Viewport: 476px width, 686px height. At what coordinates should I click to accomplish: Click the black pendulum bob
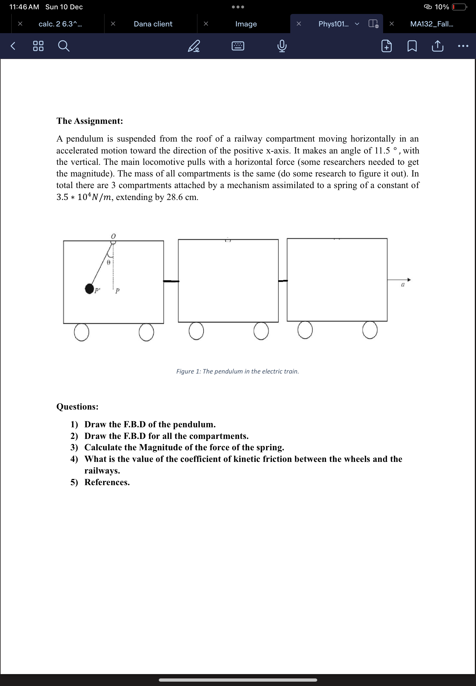[89, 289]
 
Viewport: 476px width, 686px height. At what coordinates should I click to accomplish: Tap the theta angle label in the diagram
[109, 262]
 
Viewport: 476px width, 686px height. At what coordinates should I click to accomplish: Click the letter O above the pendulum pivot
[113, 236]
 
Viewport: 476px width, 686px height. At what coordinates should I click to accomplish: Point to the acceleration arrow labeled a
[399, 280]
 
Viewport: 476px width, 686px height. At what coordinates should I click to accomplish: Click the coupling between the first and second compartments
[171, 281]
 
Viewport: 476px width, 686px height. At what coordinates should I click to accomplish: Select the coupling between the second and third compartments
[283, 281]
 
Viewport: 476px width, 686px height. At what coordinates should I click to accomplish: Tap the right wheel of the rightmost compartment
[370, 330]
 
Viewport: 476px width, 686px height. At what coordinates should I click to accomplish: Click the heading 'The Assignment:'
[90, 121]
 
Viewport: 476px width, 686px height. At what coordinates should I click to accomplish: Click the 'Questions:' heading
[77, 407]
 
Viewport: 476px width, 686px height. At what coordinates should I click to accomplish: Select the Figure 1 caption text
[237, 371]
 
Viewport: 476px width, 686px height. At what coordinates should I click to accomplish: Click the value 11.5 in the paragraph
[382, 151]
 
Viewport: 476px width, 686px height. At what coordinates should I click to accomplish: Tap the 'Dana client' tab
[153, 24]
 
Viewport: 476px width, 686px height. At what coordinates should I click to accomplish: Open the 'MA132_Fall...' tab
[431, 24]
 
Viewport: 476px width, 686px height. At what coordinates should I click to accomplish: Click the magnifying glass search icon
[63, 46]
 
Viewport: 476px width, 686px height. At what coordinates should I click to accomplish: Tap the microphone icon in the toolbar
[282, 46]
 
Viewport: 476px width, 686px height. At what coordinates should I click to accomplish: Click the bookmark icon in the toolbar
[412, 46]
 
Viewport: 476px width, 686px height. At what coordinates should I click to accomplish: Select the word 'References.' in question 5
[107, 482]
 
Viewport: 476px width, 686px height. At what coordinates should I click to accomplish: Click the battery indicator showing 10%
[459, 7]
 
